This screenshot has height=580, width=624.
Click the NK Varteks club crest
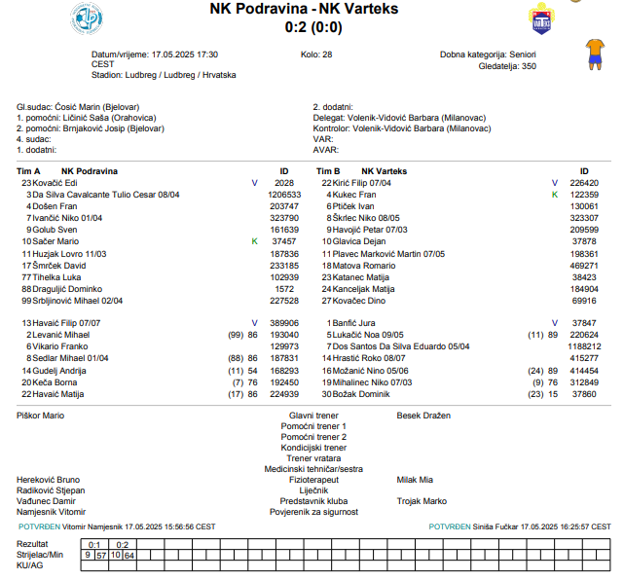[540, 18]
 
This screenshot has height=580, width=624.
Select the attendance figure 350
[529, 66]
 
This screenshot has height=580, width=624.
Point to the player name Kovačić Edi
[55, 182]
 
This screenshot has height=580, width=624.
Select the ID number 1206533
[284, 194]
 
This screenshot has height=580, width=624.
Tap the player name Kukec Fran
[353, 194]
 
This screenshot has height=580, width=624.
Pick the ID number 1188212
[584, 345]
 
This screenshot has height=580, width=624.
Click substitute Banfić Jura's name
[354, 322]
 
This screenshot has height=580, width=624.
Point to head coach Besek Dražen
[423, 416]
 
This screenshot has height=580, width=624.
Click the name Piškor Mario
[40, 416]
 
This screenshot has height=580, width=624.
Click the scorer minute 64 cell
[129, 555]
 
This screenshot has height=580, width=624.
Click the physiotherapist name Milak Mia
[415, 479]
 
